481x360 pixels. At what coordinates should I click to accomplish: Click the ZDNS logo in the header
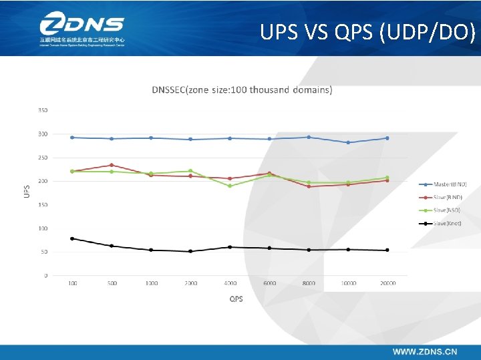pos(82,30)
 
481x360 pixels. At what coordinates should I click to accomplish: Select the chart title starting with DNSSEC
pos(242,89)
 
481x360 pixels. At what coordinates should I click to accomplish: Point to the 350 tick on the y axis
pos(43,110)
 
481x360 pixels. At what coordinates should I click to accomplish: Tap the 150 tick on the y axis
pos(43,205)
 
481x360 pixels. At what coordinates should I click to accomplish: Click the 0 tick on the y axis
pos(45,275)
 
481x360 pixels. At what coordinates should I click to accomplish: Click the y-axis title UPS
pos(27,191)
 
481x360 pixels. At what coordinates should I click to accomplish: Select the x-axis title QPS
pos(236,299)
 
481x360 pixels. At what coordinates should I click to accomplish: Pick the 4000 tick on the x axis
pos(230,283)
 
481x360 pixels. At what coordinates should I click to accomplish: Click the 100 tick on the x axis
pos(72,283)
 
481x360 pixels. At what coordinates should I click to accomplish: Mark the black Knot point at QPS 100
pos(72,238)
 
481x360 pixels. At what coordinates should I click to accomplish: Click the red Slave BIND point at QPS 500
pos(112,165)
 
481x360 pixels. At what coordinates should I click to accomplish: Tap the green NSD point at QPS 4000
pos(230,186)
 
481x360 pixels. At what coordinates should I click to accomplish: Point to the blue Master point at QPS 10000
pos(347,142)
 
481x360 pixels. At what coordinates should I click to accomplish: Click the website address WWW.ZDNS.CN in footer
pos(425,351)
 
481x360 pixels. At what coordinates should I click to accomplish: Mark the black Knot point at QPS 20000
pos(387,250)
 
